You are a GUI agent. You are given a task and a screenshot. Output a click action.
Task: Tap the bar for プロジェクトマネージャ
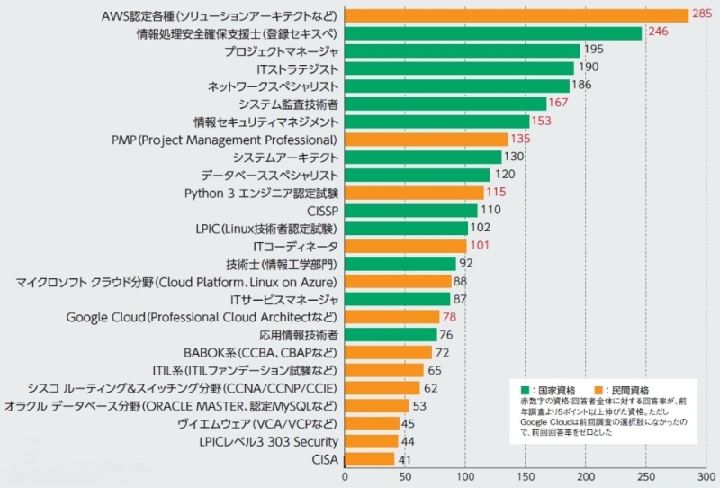[462, 50]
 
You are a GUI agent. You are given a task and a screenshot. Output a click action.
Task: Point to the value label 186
[582, 86]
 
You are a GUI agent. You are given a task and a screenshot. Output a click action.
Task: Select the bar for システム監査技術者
[445, 104]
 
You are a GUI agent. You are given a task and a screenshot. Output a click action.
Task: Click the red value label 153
[543, 122]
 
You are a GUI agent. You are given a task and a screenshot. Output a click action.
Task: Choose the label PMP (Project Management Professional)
[224, 140]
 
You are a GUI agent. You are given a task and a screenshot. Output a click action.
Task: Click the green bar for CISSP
[410, 211]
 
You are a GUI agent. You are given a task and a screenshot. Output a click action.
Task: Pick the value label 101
[480, 246]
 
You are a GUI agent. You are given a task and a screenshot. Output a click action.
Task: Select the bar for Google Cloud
[391, 317]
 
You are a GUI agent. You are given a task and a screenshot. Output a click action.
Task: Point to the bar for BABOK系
[388, 352]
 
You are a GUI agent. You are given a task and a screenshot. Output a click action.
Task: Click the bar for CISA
[369, 459]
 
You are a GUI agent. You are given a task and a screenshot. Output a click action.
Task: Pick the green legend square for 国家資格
[525, 388]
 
